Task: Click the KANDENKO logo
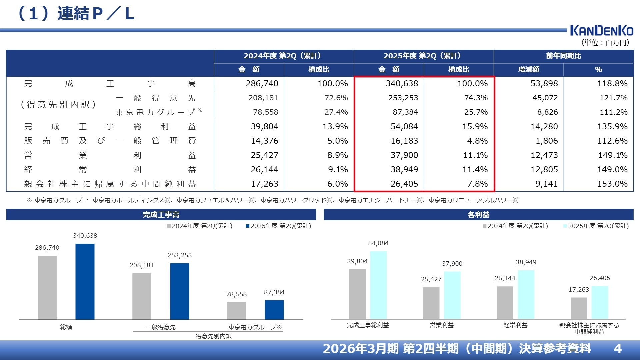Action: [601, 31]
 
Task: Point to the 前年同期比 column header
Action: [563, 56]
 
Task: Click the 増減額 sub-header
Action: [528, 69]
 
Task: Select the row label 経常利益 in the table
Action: [110, 170]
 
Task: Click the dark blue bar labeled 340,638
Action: [85, 282]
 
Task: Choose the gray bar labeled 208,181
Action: [142, 296]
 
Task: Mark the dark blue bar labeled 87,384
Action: [274, 310]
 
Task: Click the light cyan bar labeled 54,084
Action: [378, 285]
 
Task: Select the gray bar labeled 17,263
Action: [579, 308]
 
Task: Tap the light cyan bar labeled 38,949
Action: [526, 294]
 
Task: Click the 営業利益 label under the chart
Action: [442, 325]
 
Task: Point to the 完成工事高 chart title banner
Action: [161, 215]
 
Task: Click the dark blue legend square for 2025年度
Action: [248, 226]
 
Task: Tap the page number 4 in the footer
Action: [618, 349]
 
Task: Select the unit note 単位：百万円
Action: [605, 43]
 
